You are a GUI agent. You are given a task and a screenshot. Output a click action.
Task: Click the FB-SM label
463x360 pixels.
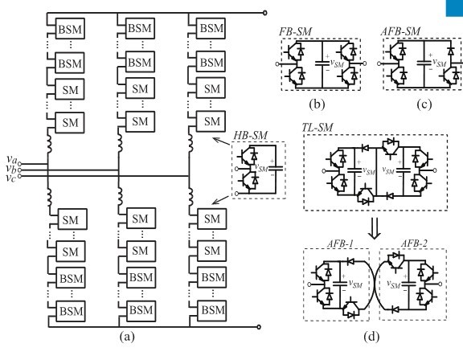(x=295, y=32)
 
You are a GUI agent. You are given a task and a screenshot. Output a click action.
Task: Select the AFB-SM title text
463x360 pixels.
(x=400, y=31)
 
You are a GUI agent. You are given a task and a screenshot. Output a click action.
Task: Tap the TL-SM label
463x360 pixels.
(x=318, y=128)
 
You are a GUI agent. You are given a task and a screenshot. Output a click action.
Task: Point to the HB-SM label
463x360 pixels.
(x=251, y=136)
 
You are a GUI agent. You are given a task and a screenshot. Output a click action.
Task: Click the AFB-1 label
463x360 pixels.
(x=340, y=243)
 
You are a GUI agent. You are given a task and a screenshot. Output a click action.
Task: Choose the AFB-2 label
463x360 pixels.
(x=414, y=243)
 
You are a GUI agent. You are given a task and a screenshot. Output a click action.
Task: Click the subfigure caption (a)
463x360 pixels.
(x=127, y=337)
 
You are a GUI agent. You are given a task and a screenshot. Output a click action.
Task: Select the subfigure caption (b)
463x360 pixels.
(x=317, y=104)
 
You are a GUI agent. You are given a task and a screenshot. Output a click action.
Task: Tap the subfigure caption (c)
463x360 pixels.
(x=424, y=104)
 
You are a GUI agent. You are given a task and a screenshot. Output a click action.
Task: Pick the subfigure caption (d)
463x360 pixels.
(x=371, y=337)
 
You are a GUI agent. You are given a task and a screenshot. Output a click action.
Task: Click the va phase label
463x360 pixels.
(x=12, y=159)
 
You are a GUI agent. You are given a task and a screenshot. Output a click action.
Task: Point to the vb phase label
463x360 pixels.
(x=11, y=169)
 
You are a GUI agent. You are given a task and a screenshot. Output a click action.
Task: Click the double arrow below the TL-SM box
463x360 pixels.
(x=375, y=228)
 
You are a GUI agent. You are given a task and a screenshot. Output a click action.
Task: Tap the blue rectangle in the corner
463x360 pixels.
(x=454, y=8)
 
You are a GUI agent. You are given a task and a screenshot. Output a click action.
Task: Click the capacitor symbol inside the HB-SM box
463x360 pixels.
(x=276, y=169)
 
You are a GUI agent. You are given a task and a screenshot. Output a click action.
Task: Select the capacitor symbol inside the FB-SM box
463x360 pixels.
(x=322, y=63)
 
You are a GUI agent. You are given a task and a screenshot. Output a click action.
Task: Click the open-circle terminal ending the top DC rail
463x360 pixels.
(x=265, y=13)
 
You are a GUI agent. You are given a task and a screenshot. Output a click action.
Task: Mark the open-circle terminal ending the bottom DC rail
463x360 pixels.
(x=259, y=327)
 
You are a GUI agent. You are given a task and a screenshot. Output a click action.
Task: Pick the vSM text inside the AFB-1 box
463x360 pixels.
(x=355, y=284)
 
